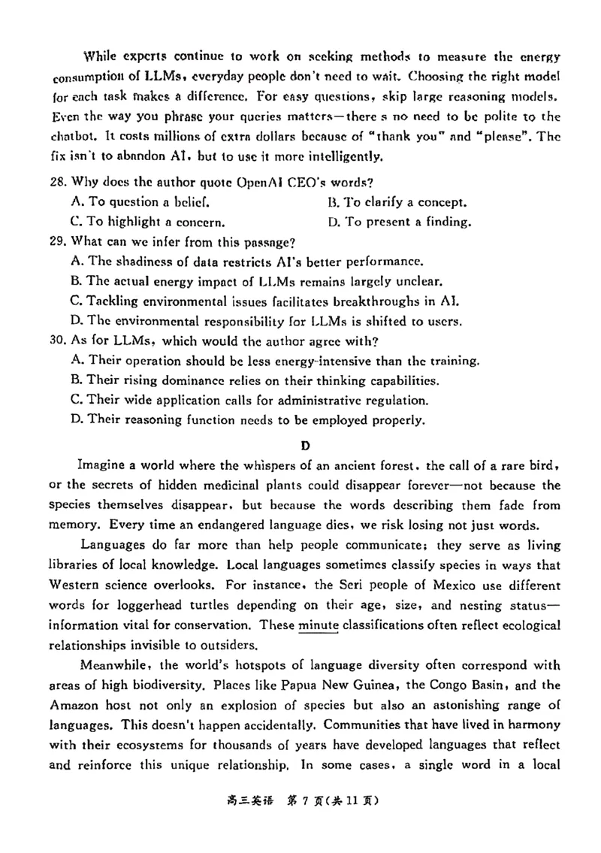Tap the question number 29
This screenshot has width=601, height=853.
click(56, 242)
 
